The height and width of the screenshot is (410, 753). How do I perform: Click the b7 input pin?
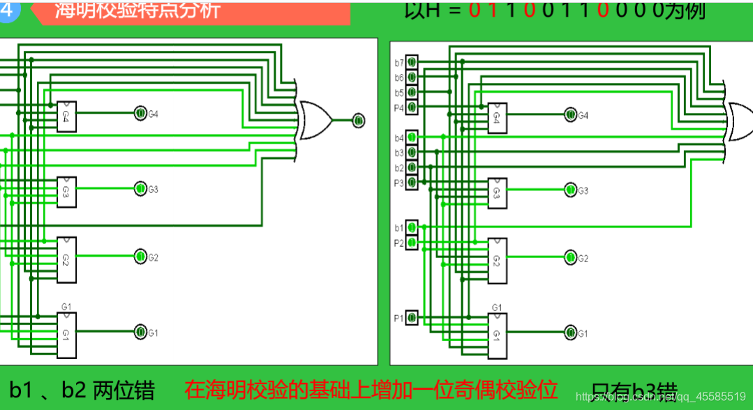pyautogui.click(x=412, y=62)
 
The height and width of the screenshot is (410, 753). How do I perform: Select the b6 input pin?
pyautogui.click(x=412, y=77)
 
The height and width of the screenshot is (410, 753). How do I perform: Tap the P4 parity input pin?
pyautogui.click(x=412, y=107)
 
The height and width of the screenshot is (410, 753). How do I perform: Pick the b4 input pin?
pyautogui.click(x=412, y=137)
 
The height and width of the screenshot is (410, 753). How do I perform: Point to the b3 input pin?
pyautogui.click(x=412, y=152)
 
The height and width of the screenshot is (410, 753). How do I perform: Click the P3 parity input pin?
pyautogui.click(x=412, y=183)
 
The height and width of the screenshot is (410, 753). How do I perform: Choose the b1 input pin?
pyautogui.click(x=412, y=227)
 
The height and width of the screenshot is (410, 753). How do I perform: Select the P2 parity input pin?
pyautogui.click(x=412, y=243)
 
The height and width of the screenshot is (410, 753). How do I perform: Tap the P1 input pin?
pyautogui.click(x=412, y=318)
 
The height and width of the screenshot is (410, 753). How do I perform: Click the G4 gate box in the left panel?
pyautogui.click(x=66, y=116)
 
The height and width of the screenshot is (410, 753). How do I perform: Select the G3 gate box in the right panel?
pyautogui.click(x=497, y=193)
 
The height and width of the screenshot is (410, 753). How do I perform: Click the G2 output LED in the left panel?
pyautogui.click(x=140, y=257)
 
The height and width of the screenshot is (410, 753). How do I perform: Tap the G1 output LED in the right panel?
pyautogui.click(x=570, y=333)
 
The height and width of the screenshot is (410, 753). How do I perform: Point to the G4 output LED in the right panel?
pyautogui.click(x=570, y=115)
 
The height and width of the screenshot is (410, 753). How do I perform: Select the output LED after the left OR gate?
pyautogui.click(x=358, y=121)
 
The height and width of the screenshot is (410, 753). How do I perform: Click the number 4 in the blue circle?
pyautogui.click(x=6, y=10)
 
